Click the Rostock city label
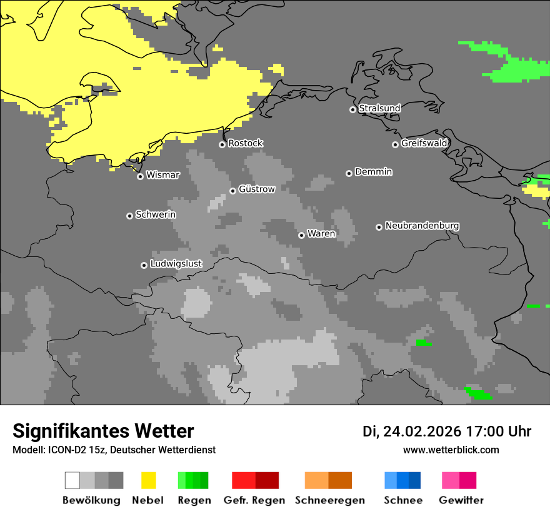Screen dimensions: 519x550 [x=245, y=143]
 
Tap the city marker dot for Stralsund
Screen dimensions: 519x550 [x=352, y=109]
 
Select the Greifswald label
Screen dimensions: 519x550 [x=424, y=143]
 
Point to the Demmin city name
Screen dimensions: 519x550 [x=373, y=171]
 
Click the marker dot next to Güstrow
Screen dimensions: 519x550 [x=232, y=191]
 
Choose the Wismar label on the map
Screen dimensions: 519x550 [x=162, y=175]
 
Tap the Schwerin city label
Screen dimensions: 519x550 [x=156, y=214]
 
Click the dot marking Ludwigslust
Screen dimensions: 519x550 [x=144, y=265]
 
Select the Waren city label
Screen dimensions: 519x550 [x=321, y=234]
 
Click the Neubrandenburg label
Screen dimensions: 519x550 [x=422, y=226]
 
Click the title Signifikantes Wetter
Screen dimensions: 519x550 [x=103, y=431]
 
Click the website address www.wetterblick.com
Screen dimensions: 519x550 [x=451, y=450]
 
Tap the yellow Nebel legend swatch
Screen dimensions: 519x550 [x=148, y=480]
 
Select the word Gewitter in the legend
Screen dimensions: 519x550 [x=461, y=500]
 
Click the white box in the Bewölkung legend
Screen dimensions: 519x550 [x=72, y=480]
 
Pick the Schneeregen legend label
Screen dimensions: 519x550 [x=329, y=500]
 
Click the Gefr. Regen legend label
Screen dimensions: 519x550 [x=254, y=500]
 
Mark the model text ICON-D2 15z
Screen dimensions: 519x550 [x=74, y=450]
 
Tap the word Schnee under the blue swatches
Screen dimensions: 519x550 [x=402, y=500]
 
